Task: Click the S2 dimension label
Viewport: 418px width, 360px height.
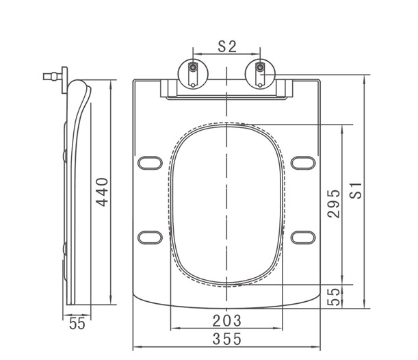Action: pyautogui.click(x=227, y=47)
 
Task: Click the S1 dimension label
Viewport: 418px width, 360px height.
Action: pyautogui.click(x=356, y=191)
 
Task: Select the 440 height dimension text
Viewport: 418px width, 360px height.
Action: pyautogui.click(x=102, y=192)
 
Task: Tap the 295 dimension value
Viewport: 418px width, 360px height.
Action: pyautogui.click(x=334, y=204)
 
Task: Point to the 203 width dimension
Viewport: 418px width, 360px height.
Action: pyautogui.click(x=227, y=320)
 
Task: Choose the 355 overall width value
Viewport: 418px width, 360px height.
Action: pyautogui.click(x=227, y=339)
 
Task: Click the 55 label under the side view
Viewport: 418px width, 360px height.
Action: pyautogui.click(x=77, y=324)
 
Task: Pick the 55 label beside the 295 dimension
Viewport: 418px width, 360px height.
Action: pyautogui.click(x=334, y=297)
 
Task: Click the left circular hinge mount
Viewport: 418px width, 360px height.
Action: pyautogui.click(x=193, y=74)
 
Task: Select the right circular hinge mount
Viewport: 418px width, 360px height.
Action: pyautogui.click(x=260, y=74)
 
